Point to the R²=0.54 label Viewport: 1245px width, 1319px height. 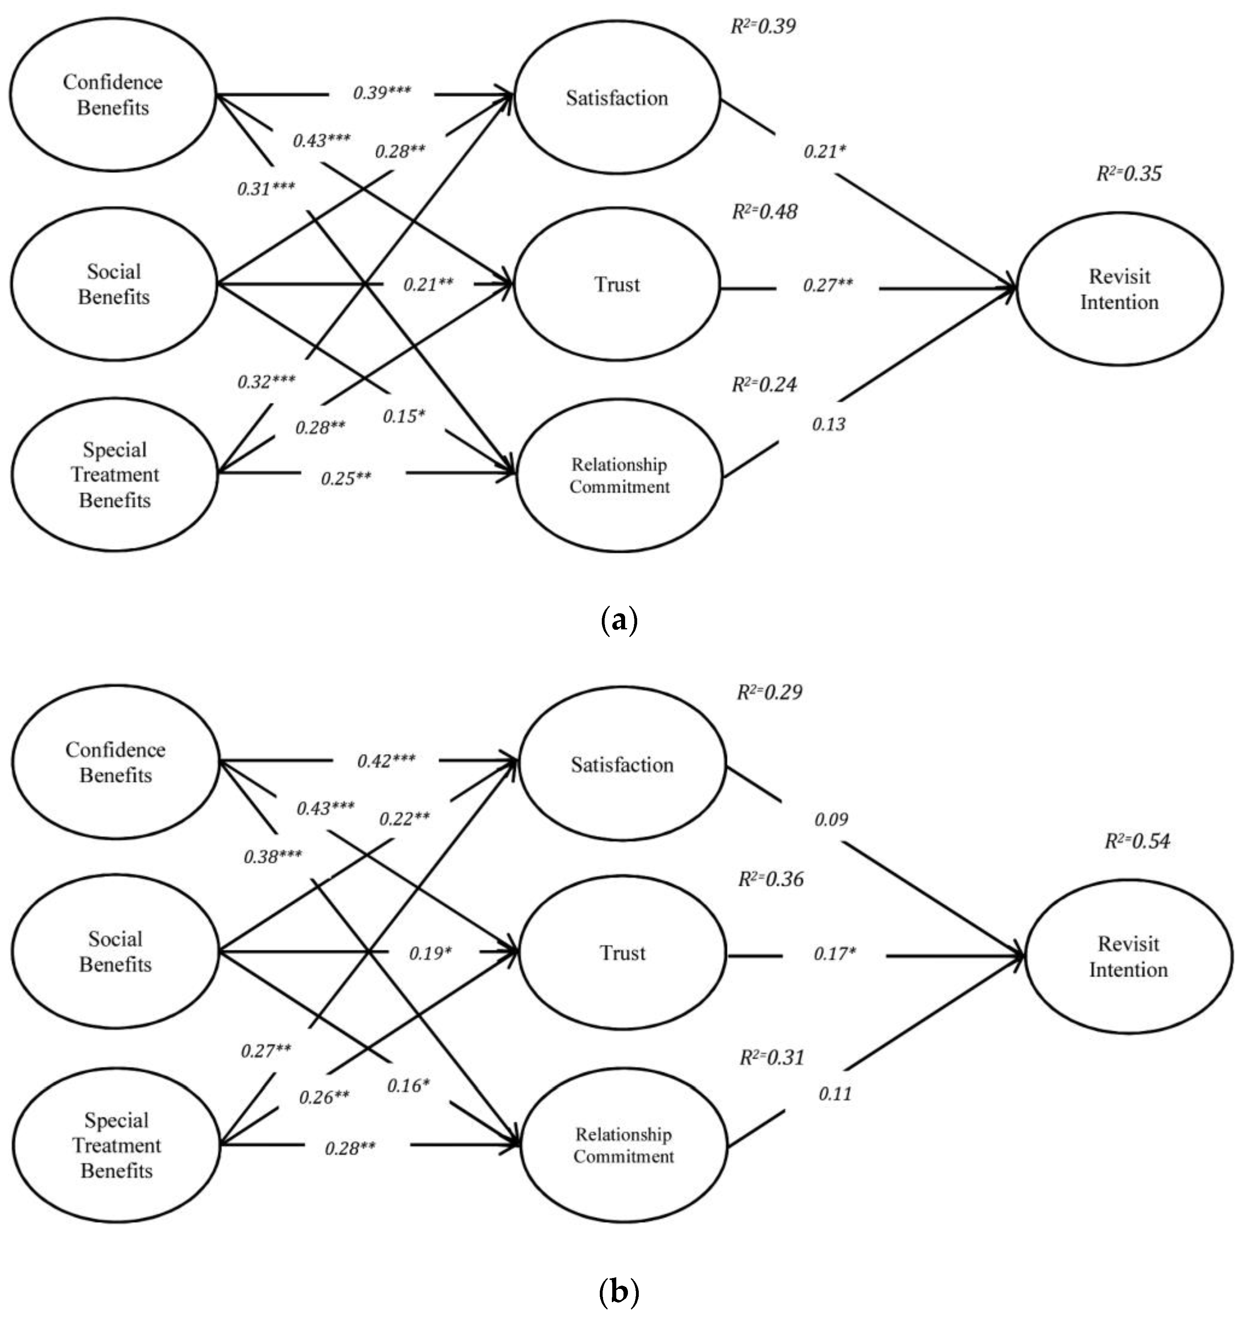[1137, 841]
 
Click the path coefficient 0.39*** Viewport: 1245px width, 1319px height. [382, 92]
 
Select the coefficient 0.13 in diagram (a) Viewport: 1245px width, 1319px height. [828, 424]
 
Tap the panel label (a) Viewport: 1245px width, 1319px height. [619, 620]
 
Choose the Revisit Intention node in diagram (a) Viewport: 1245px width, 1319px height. [1119, 289]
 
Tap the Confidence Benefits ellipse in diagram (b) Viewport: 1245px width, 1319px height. [115, 762]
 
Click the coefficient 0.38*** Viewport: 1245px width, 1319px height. [272, 856]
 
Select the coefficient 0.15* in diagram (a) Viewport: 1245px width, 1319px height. [403, 416]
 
